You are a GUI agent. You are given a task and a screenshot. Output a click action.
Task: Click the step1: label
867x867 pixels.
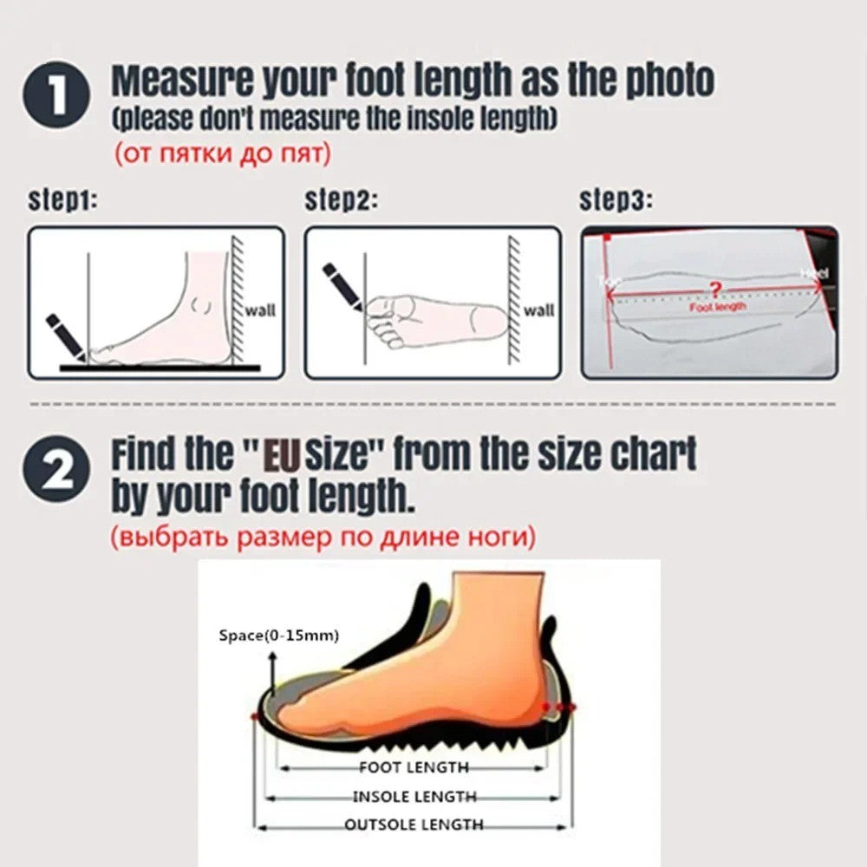pyautogui.click(x=63, y=201)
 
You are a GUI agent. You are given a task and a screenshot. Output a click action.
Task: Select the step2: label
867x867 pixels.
pyautogui.click(x=341, y=201)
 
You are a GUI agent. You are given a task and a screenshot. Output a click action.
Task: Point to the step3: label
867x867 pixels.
pyautogui.click(x=616, y=201)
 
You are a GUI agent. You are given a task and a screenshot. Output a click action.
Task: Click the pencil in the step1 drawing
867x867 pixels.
pyautogui.click(x=65, y=336)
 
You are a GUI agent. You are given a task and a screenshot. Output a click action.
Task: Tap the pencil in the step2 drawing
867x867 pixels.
pyautogui.click(x=343, y=285)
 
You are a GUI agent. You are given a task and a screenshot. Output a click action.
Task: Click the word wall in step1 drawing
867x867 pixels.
pyautogui.click(x=261, y=310)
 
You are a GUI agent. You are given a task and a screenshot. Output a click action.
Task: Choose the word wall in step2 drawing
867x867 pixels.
pyautogui.click(x=538, y=310)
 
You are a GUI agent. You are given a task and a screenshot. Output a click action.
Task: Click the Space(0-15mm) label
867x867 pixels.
pyautogui.click(x=277, y=636)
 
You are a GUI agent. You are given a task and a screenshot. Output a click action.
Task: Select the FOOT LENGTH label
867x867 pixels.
pyautogui.click(x=414, y=766)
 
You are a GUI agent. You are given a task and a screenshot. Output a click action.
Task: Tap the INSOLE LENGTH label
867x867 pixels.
pyautogui.click(x=414, y=796)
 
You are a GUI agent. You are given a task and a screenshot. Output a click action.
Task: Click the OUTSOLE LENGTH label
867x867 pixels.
pyautogui.click(x=414, y=825)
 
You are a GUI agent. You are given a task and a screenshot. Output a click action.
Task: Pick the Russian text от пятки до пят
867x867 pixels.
pyautogui.click(x=223, y=154)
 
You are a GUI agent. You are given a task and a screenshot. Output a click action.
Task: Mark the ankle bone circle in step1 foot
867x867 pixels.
pyautogui.click(x=204, y=305)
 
